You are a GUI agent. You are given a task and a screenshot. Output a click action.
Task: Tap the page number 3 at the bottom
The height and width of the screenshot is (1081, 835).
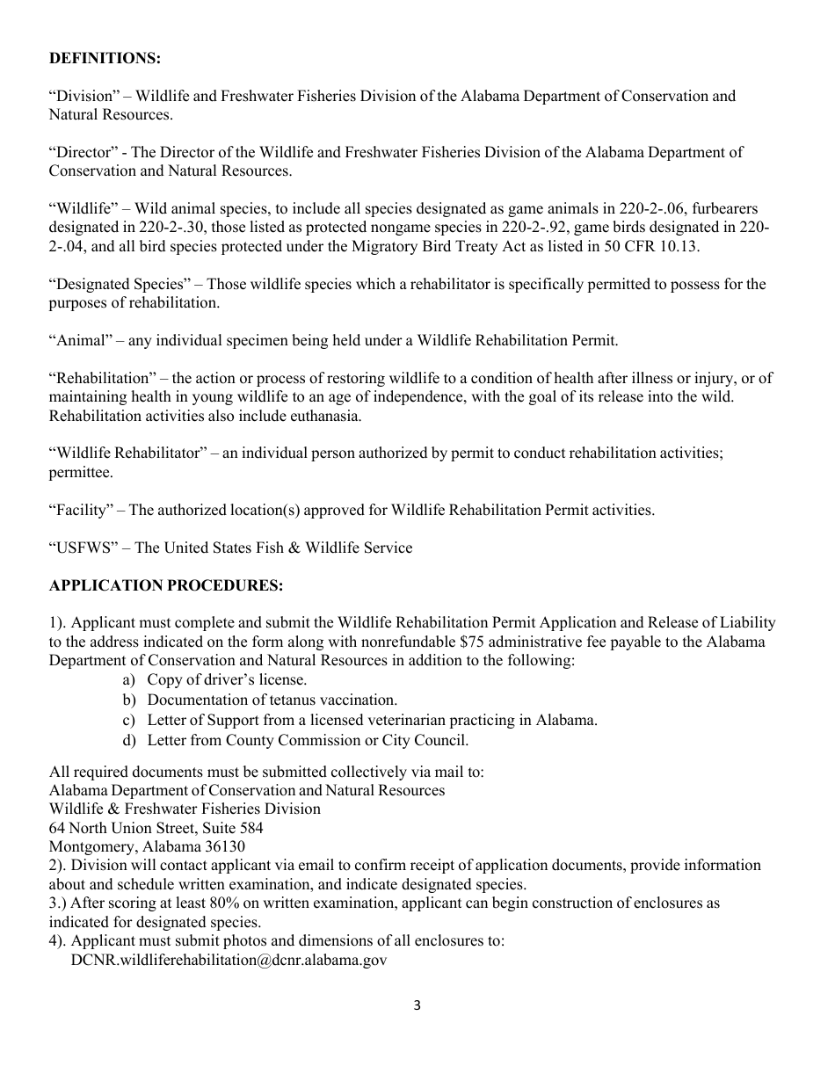pos(417,1006)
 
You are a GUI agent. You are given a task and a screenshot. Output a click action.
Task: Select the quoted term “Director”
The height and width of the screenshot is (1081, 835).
pos(83,152)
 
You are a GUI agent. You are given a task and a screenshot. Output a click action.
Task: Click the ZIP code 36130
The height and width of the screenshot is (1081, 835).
pos(223,846)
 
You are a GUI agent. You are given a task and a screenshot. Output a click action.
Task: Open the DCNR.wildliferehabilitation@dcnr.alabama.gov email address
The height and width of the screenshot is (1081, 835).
pos(229,960)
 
